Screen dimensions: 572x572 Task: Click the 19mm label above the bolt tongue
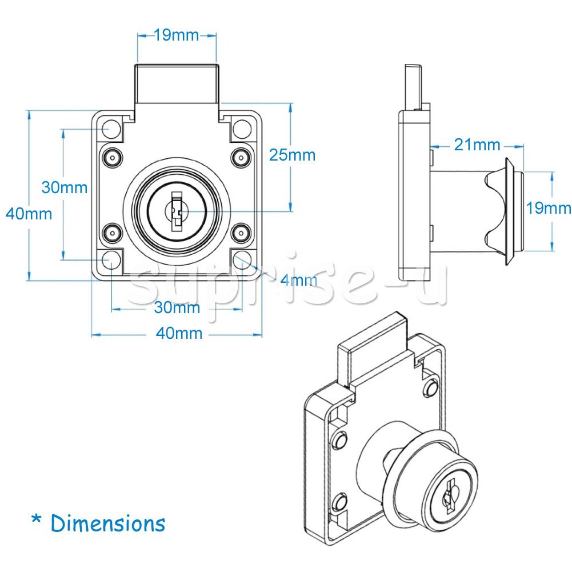coord(177,35)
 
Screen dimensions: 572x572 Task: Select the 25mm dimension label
coord(292,155)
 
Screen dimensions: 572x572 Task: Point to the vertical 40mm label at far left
coord(29,214)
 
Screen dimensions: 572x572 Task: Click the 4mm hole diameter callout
coord(298,280)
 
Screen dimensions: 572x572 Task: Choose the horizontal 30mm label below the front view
coord(177,308)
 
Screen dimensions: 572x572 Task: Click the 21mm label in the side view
coord(477,145)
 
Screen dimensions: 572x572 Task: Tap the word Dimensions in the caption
coord(108,523)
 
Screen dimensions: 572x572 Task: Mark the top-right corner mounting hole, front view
coord(243,129)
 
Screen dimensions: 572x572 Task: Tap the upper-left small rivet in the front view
coord(111,157)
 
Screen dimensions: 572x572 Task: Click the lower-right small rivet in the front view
coord(242,232)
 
